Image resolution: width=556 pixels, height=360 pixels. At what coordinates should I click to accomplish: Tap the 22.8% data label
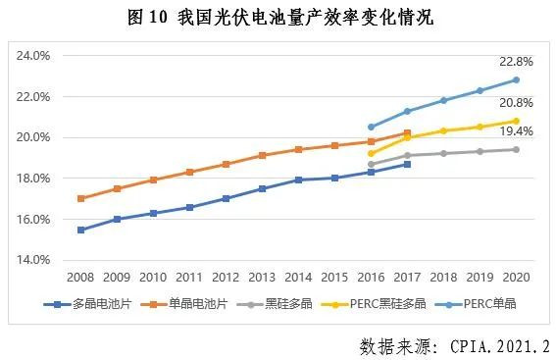point(516,60)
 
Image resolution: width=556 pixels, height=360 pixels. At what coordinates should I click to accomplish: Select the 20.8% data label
point(516,103)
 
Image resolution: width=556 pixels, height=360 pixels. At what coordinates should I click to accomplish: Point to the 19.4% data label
point(516,131)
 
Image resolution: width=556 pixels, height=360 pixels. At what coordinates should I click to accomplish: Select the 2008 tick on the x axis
point(80,278)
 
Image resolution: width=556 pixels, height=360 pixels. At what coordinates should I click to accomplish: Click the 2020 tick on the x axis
point(516,278)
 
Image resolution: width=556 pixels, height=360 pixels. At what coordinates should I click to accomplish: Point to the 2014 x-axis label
point(298,278)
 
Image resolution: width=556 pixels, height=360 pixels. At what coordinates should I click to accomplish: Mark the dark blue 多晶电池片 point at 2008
point(80,230)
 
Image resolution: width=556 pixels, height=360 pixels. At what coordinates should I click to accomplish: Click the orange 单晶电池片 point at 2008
point(80,198)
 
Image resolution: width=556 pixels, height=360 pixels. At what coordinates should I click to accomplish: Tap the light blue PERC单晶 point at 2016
point(371,127)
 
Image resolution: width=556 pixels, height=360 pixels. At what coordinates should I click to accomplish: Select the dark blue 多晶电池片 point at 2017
point(407,164)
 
